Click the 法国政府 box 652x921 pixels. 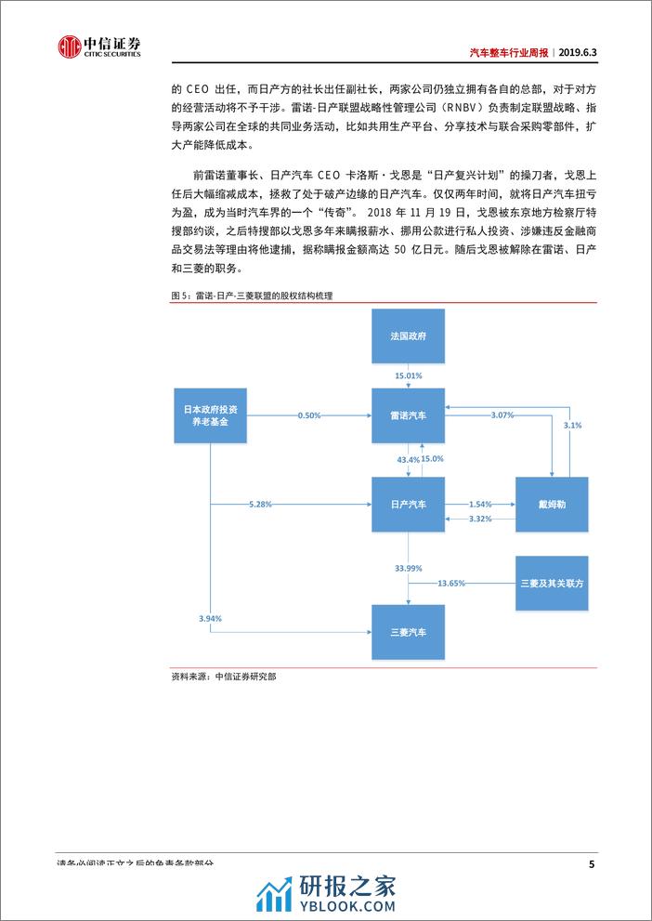tap(409, 335)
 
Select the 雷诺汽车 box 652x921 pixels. tap(409, 415)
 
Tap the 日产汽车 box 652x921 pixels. tap(409, 505)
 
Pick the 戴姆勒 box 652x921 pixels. tap(552, 505)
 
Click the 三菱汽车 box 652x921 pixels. tap(409, 633)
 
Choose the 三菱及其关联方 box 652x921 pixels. tap(552, 583)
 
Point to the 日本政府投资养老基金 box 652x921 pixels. tap(211, 414)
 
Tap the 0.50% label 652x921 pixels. tap(309, 415)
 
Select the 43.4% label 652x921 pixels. tap(396, 459)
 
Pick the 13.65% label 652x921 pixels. tap(450, 583)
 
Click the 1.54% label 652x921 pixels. tap(480, 500)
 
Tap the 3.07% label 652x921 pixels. tap(502, 415)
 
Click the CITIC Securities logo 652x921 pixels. tap(98, 46)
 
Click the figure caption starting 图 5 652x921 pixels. tap(253, 295)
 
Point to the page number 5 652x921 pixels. tap(592, 864)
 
